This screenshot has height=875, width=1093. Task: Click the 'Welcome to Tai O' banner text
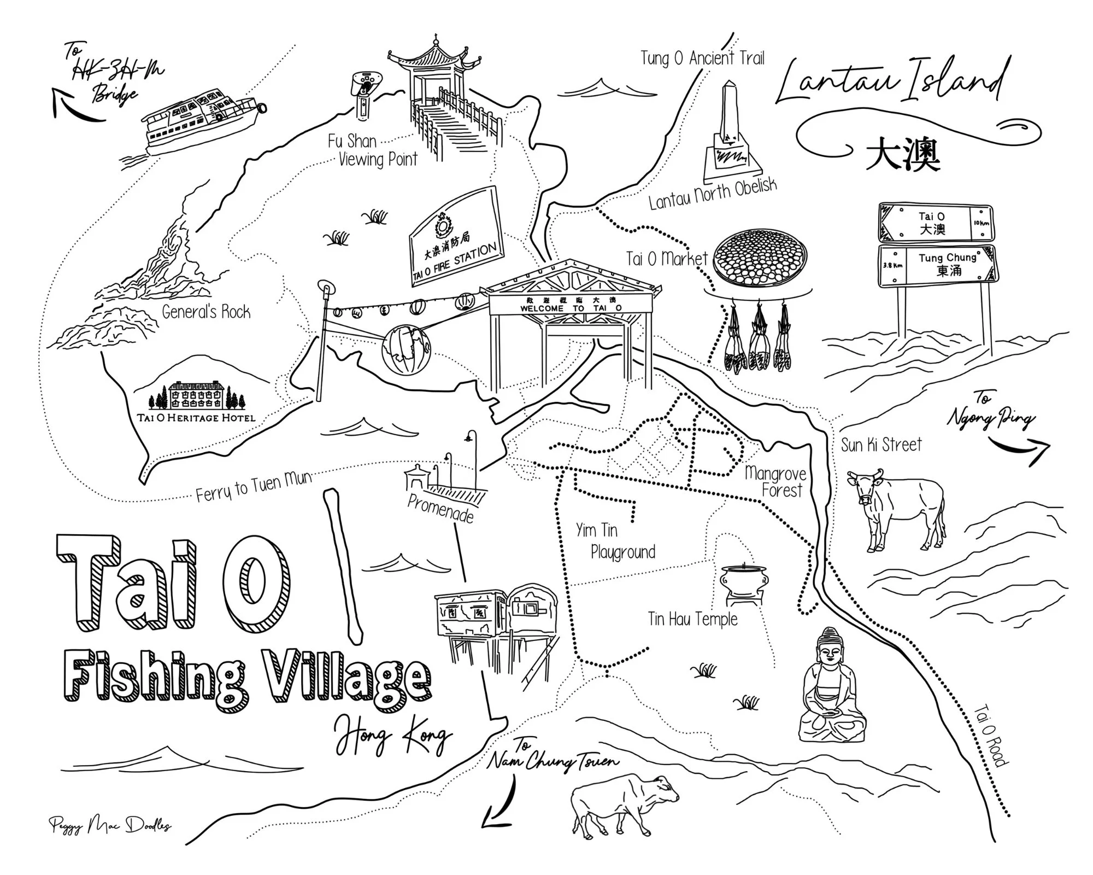coord(571,308)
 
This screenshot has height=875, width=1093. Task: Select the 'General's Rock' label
coord(206,312)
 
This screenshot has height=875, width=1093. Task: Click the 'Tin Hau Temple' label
coord(692,619)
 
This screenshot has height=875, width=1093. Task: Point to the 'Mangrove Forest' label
coord(775,481)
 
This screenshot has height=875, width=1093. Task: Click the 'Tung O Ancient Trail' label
coord(702,58)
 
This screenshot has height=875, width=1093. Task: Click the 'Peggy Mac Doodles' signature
coord(109,824)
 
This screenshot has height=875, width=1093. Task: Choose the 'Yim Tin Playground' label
coord(615,541)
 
